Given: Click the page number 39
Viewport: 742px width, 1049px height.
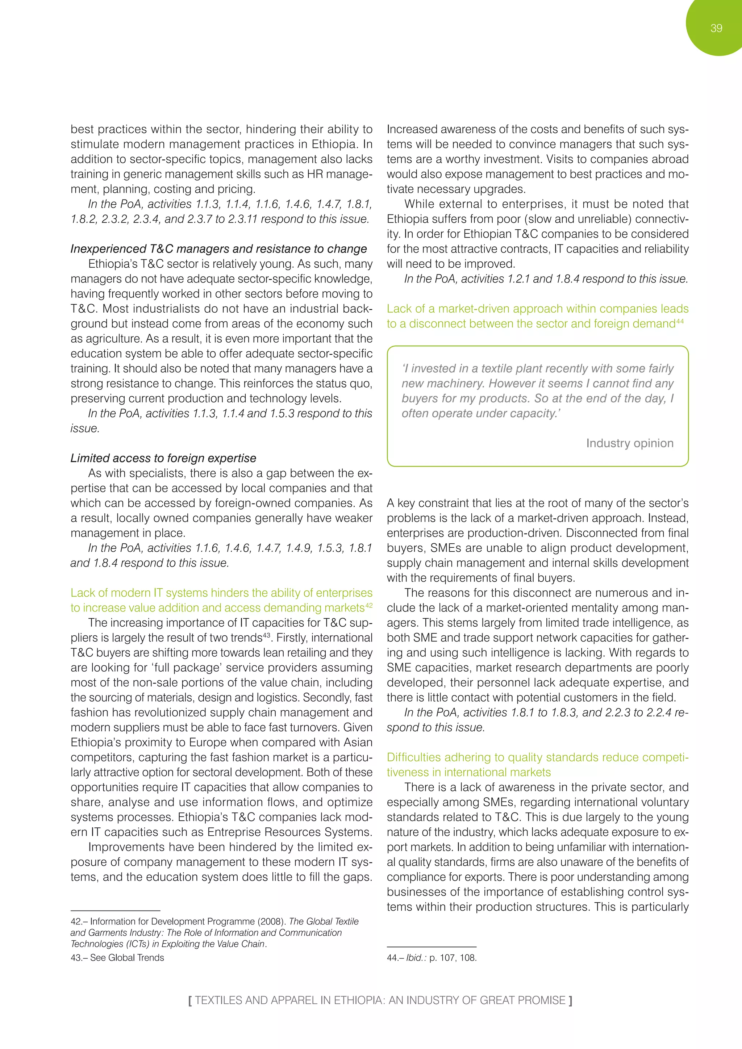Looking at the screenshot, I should click(716, 28).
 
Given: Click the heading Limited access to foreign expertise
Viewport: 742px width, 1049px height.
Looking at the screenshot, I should click(163, 458).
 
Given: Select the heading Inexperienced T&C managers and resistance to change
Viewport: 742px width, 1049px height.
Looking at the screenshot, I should click(218, 249).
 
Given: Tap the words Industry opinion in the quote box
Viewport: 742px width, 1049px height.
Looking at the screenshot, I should click(629, 443).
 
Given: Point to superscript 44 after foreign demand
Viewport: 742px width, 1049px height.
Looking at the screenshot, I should click(680, 321).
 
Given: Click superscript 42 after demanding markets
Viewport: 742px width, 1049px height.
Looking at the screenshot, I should click(369, 605).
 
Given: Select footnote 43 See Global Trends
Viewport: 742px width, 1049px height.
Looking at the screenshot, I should click(117, 958).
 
